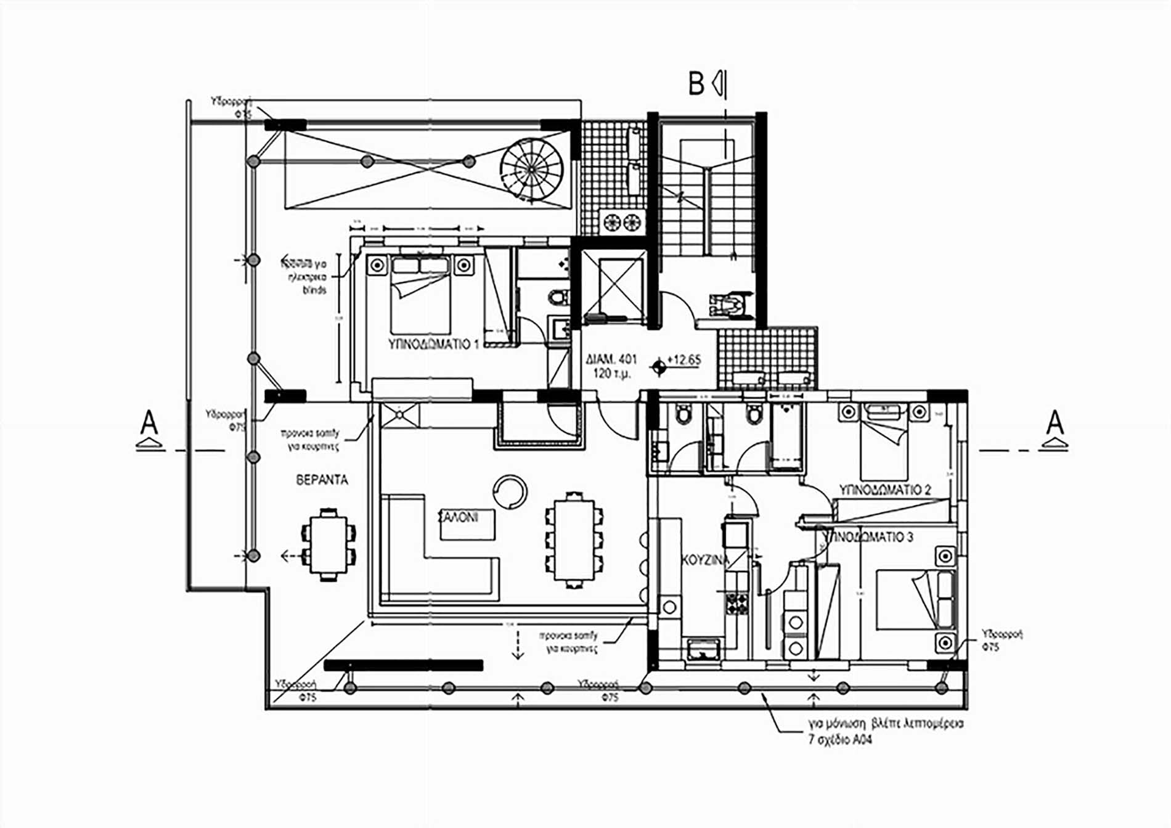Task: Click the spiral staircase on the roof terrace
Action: (532, 169)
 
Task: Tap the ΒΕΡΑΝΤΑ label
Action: (322, 480)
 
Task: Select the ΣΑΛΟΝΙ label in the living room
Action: (458, 517)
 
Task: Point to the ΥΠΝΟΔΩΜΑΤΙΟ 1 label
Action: (434, 343)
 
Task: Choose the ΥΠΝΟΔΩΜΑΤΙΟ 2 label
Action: (885, 490)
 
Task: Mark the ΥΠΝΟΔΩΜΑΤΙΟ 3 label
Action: (868, 537)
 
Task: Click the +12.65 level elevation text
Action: (683, 359)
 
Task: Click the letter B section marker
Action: (696, 84)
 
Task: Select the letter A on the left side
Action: (149, 424)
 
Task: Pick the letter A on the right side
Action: (1055, 424)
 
